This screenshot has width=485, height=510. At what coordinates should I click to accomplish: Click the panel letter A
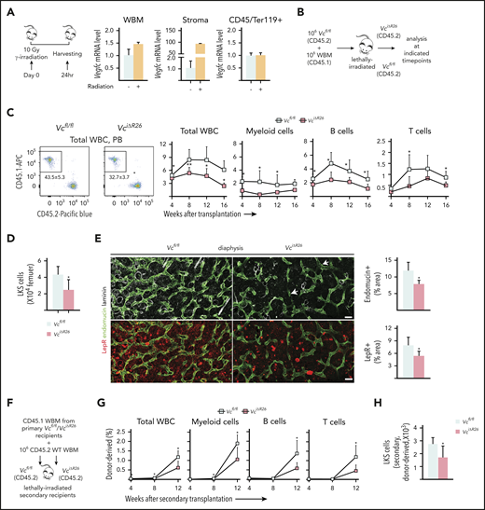coord(7,7)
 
